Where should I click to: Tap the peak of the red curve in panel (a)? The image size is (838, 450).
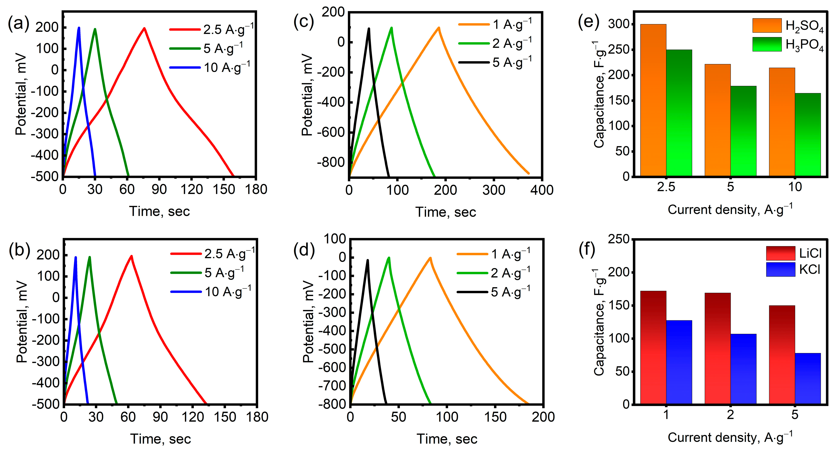(144, 28)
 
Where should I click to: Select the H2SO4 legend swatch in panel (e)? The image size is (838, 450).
(766, 25)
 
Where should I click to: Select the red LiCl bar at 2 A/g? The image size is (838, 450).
(717, 348)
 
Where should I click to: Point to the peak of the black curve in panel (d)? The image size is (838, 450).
(368, 260)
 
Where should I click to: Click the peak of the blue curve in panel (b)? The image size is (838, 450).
(75, 257)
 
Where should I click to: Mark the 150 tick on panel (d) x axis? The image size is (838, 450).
(495, 417)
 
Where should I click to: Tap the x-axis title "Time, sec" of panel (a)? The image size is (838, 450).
(159, 211)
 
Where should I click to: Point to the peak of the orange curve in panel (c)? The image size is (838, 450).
(439, 28)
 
